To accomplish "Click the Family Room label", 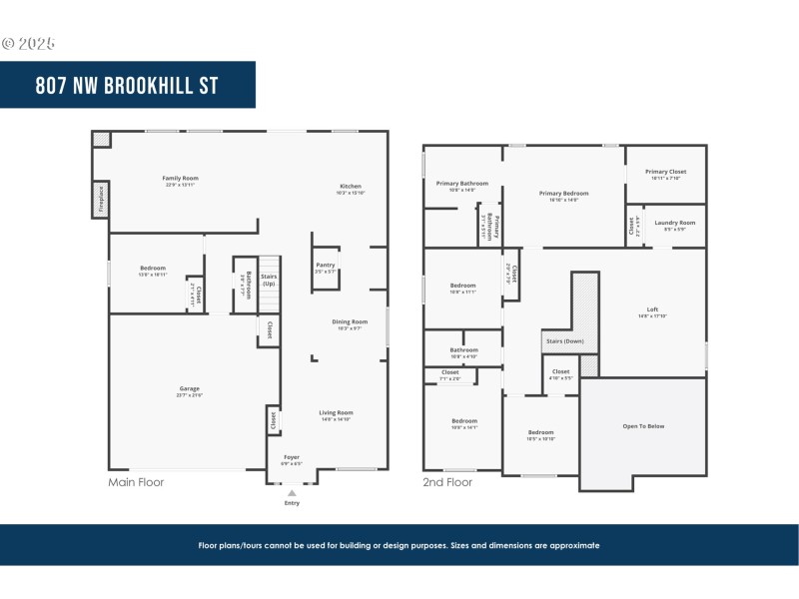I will coord(181,178).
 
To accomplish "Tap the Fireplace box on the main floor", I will coord(100,199).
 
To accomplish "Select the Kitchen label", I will coord(351,186).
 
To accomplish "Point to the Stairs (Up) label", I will coord(269,281).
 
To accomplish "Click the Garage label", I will coord(189,388).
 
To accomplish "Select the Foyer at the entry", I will coord(291,457).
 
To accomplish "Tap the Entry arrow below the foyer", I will coord(292,493).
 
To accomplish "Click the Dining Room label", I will coord(350,321).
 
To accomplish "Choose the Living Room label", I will coord(337,412).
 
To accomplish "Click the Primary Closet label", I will coord(665,172).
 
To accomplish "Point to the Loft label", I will coord(652,309).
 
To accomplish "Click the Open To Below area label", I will coord(643,426).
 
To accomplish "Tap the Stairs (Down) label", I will coord(564,340).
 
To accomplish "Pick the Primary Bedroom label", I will coord(563,193).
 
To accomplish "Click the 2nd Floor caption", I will coord(446,482).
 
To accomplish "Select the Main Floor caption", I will coord(136,482).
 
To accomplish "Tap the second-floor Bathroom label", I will coord(463,350).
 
